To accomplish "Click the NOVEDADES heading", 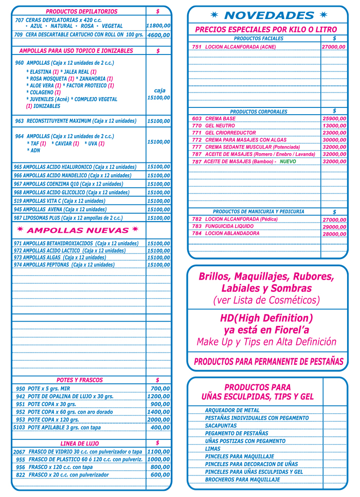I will coord(268,15).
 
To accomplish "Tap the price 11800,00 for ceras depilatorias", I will coord(158,25).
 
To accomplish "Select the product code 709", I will coord(19,34).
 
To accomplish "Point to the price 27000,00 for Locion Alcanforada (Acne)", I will coord(334,47).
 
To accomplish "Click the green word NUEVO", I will coord(288,161).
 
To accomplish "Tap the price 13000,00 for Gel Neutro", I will coord(334,125).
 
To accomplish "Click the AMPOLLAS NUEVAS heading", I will coord(78,230).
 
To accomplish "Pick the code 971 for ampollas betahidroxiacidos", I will coord(18,244).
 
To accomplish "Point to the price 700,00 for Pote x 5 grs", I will coord(160,389).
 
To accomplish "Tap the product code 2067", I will coord(19,452).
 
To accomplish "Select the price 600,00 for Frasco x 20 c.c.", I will coord(160,475).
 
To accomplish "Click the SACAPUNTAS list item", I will coord(222,426).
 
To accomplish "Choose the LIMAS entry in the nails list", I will coord(213,449).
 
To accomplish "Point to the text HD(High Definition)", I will coord(266,318).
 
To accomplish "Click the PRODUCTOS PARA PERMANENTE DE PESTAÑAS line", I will coord(268,362).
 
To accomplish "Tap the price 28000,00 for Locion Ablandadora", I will coord(334,234).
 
